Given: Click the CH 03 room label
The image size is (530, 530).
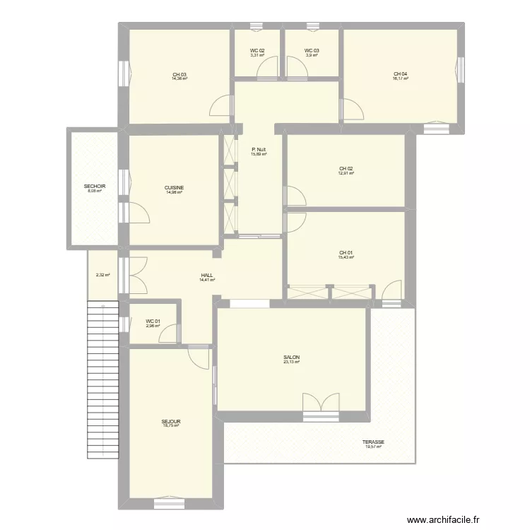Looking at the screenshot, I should point(179,74).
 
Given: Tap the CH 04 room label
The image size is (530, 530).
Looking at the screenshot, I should point(400,73).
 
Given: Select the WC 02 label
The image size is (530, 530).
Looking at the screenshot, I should point(257,51).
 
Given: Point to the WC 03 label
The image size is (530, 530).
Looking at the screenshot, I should point(312,51).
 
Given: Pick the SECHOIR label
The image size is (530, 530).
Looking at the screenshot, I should point(94,187).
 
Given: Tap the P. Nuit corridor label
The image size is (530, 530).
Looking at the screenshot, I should point(259,149).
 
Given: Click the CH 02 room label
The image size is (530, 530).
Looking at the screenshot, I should point(346,168).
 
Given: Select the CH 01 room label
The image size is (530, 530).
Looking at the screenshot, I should point(346,252).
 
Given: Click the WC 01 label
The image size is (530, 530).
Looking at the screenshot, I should point(153,322).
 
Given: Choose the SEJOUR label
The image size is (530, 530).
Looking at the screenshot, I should point(170,421).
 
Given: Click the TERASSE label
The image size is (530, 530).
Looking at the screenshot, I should point(375,442).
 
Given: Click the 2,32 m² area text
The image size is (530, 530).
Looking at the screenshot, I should point(102,275).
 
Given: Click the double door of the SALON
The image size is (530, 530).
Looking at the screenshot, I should point(322,406).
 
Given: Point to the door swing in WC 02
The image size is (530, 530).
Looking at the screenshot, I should point(267,69).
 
